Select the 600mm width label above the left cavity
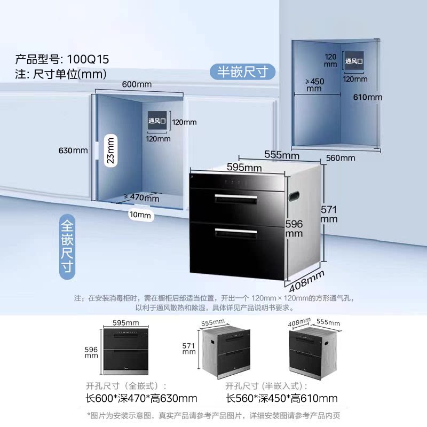137,84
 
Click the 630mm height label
73,150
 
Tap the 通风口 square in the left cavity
157,122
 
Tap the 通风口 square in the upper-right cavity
353,61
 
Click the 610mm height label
368,97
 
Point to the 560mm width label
340,157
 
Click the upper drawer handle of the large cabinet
236,198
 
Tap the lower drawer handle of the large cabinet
236,231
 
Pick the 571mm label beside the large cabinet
329,214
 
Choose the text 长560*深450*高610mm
281,398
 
